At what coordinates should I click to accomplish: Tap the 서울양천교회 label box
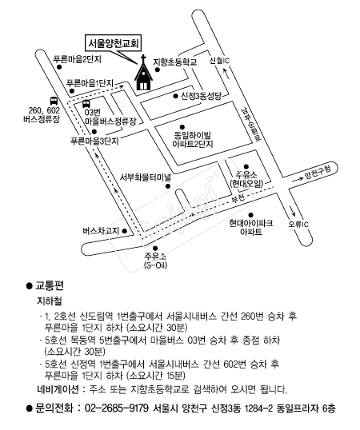click(114, 43)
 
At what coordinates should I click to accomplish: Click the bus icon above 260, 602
click(54, 101)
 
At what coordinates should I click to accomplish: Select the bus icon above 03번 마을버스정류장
click(86, 104)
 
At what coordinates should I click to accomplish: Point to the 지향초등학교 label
click(175, 62)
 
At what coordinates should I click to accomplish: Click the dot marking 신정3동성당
click(176, 96)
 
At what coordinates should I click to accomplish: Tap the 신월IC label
click(219, 60)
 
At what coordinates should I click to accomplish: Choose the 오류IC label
click(298, 224)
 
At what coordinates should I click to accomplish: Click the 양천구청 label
click(318, 173)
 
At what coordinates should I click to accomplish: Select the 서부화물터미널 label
click(146, 177)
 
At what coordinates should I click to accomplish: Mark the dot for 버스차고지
click(124, 231)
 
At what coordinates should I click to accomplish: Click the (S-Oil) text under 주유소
click(155, 265)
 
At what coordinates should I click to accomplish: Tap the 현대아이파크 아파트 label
click(251, 228)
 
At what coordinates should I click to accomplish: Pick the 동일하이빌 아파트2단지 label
click(193, 139)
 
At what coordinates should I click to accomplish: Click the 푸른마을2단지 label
click(77, 59)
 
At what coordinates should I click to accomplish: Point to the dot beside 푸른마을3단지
click(94, 131)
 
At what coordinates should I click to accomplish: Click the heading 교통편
click(50, 285)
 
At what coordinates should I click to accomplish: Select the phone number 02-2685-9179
click(117, 408)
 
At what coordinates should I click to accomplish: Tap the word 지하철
click(50, 301)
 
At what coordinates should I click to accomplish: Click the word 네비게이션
click(58, 389)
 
